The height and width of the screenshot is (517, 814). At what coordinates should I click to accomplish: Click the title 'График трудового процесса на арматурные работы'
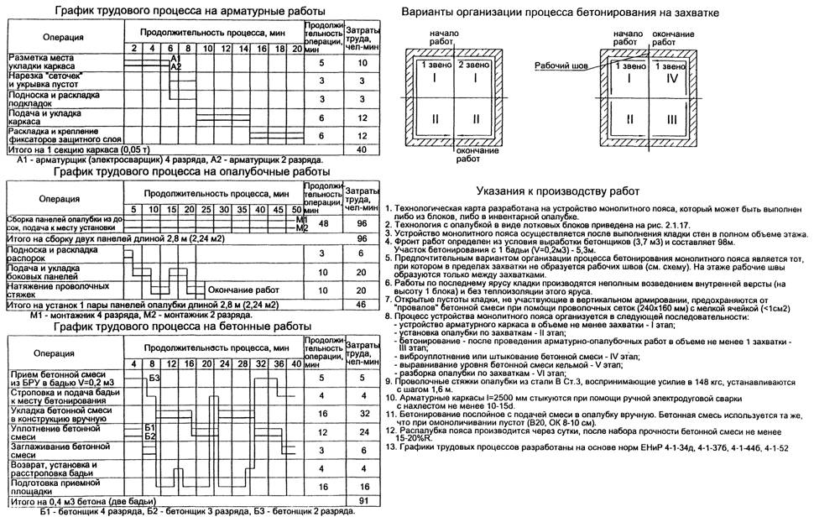(189, 11)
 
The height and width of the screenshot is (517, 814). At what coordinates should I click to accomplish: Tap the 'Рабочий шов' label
(556, 63)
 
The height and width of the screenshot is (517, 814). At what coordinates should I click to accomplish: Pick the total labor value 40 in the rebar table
(362, 149)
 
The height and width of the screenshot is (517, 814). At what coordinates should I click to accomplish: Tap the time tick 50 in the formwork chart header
(296, 208)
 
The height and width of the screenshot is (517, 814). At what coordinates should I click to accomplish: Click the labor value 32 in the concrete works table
(362, 413)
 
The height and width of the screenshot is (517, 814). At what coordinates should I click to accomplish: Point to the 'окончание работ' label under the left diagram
(452, 153)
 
